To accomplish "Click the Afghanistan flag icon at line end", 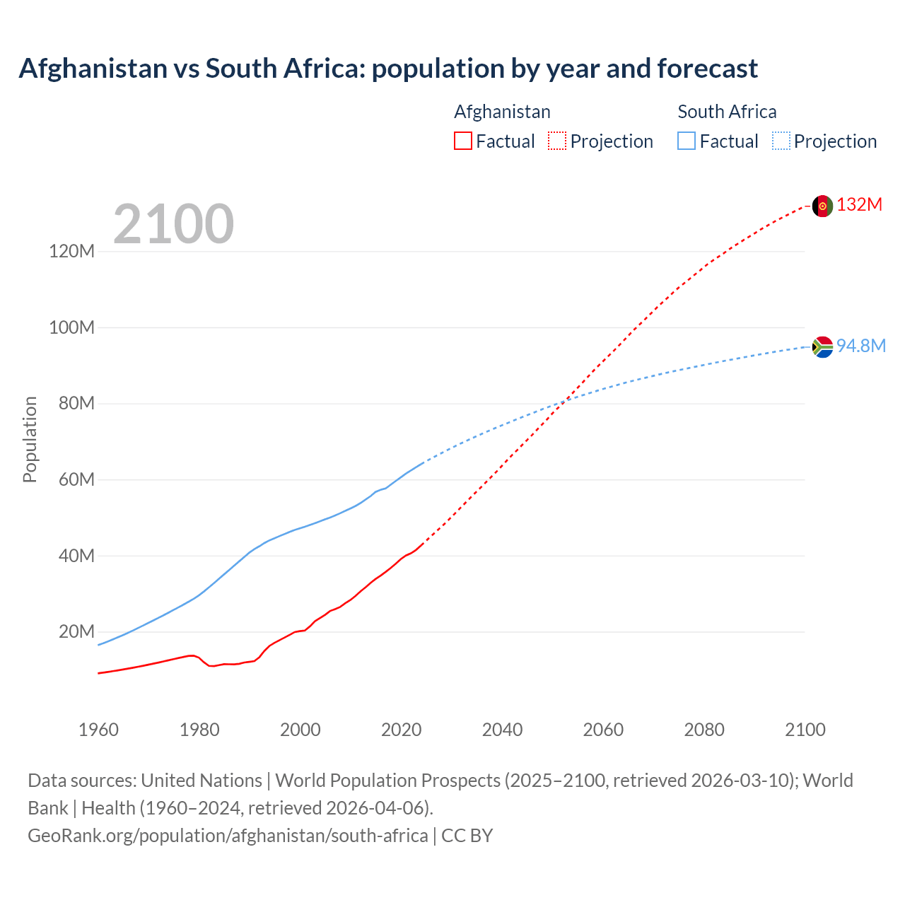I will pyautogui.click(x=822, y=206).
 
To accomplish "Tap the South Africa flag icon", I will pyautogui.click(x=822, y=346).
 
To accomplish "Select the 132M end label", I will pyautogui.click(x=859, y=205).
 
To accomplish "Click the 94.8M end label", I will pyautogui.click(x=860, y=346).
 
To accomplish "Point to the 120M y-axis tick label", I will pyautogui.click(x=71, y=252).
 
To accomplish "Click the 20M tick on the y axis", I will pyautogui.click(x=76, y=631).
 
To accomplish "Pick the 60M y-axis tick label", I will pyautogui.click(x=76, y=480).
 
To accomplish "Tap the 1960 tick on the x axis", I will pyautogui.click(x=98, y=730).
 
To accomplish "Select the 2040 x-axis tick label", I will pyautogui.click(x=502, y=730).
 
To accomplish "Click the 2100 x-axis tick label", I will pyautogui.click(x=805, y=730).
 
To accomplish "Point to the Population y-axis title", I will pyautogui.click(x=30, y=439).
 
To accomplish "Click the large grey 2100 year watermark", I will pyautogui.click(x=173, y=224).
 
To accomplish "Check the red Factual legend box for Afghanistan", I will pyautogui.click(x=462, y=141).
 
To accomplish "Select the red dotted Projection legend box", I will pyautogui.click(x=557, y=141).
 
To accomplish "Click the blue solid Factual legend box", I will pyautogui.click(x=687, y=141).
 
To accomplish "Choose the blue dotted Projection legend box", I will pyautogui.click(x=781, y=141).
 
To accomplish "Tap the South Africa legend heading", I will pyautogui.click(x=727, y=112).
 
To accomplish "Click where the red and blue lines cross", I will pyautogui.click(x=564, y=402).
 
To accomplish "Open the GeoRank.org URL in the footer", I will pyautogui.click(x=228, y=836).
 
